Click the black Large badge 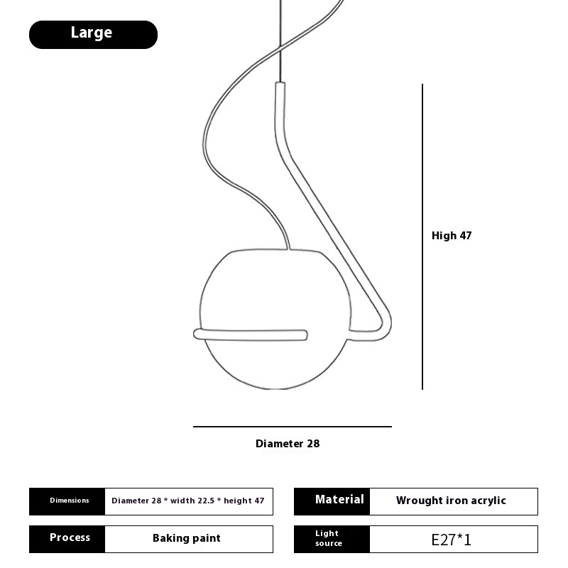click(x=93, y=35)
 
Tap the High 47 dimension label click(x=452, y=236)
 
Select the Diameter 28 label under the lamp click(x=288, y=444)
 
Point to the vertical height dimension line click(x=422, y=237)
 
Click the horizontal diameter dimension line click(x=293, y=427)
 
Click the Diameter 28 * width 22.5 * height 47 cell click(x=189, y=501)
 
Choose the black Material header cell click(x=332, y=501)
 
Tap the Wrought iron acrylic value click(x=451, y=501)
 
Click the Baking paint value click(x=187, y=538)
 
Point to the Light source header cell click(x=332, y=539)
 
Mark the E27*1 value click(x=452, y=540)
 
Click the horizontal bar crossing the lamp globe click(x=251, y=334)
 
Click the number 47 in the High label click(x=466, y=236)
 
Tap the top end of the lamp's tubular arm click(x=280, y=84)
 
